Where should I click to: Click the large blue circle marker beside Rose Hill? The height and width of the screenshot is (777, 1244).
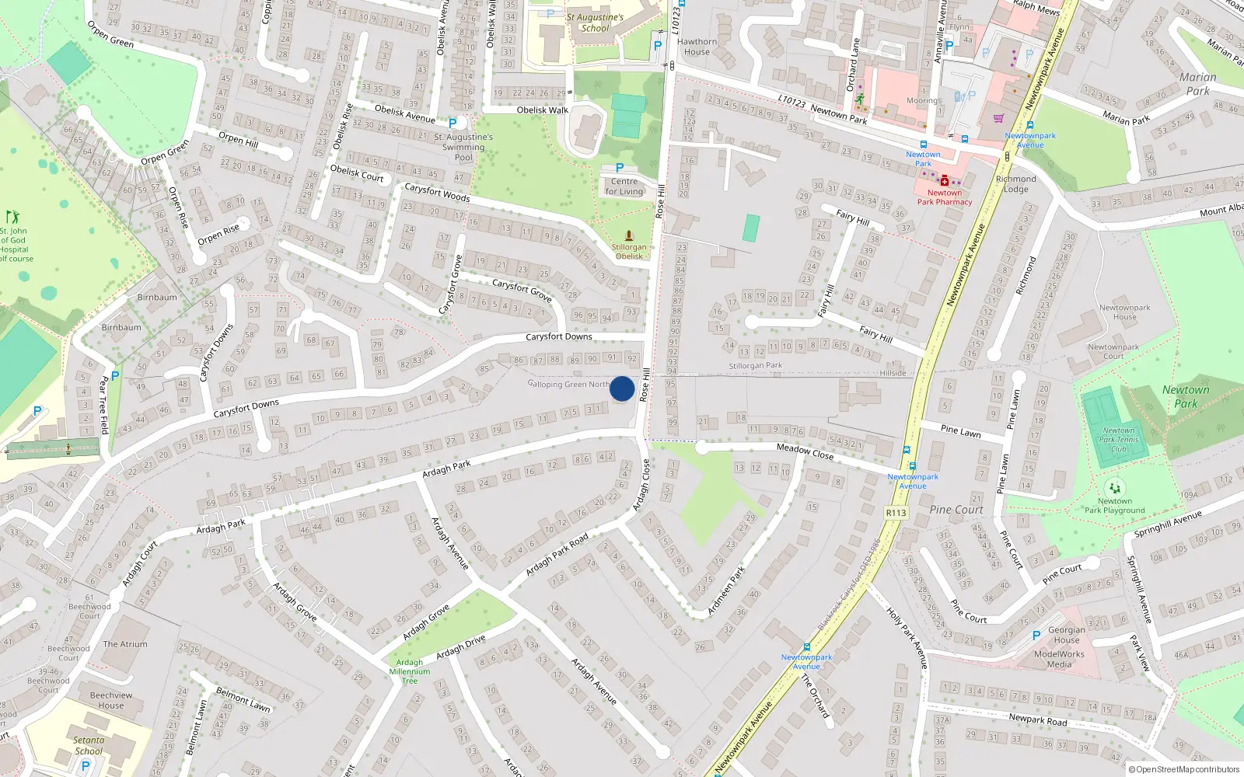coord(622,388)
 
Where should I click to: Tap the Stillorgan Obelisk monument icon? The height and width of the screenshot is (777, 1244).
coord(629,235)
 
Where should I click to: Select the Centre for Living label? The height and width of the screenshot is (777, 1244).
coord(624,186)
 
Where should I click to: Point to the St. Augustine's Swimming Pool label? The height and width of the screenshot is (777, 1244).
coord(463,147)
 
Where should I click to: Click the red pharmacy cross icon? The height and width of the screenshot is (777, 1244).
coord(945,181)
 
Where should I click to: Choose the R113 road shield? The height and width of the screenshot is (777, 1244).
coord(896,513)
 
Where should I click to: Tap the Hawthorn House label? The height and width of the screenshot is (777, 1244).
coord(697,47)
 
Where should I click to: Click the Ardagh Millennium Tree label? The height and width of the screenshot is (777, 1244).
coord(410,671)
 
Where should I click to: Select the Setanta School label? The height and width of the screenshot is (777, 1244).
coord(89,746)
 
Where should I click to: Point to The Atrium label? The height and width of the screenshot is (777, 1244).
coord(125,644)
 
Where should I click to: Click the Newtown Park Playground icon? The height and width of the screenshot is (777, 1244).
coord(1115,488)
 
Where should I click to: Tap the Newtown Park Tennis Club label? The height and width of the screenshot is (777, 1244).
coord(1119,440)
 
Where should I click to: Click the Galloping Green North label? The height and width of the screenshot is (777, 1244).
coord(569,384)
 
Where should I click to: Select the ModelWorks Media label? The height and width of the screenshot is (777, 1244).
coord(1059,659)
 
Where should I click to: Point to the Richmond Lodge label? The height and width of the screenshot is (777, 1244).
coord(1015,183)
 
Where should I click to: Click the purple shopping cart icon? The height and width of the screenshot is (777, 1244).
coord(998,119)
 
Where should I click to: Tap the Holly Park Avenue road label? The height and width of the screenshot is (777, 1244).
coord(907,638)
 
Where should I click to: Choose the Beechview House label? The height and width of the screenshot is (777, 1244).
coord(111,700)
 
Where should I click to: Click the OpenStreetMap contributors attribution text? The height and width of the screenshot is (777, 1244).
coord(1184,770)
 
